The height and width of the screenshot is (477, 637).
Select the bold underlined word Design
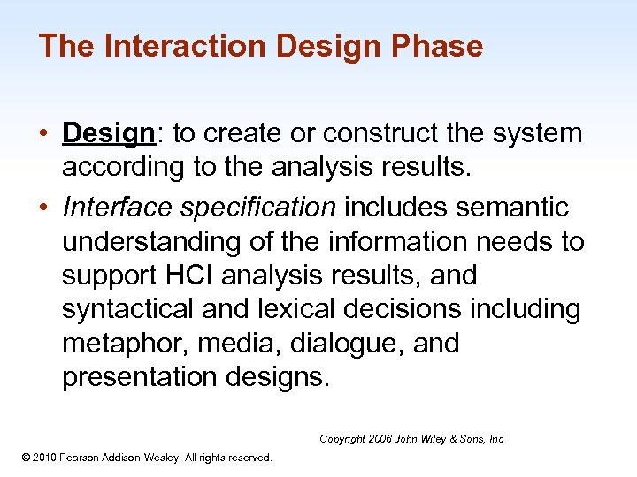[x=109, y=133]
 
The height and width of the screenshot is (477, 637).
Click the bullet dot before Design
[x=43, y=134]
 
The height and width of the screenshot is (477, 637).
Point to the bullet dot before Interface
[x=43, y=208]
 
